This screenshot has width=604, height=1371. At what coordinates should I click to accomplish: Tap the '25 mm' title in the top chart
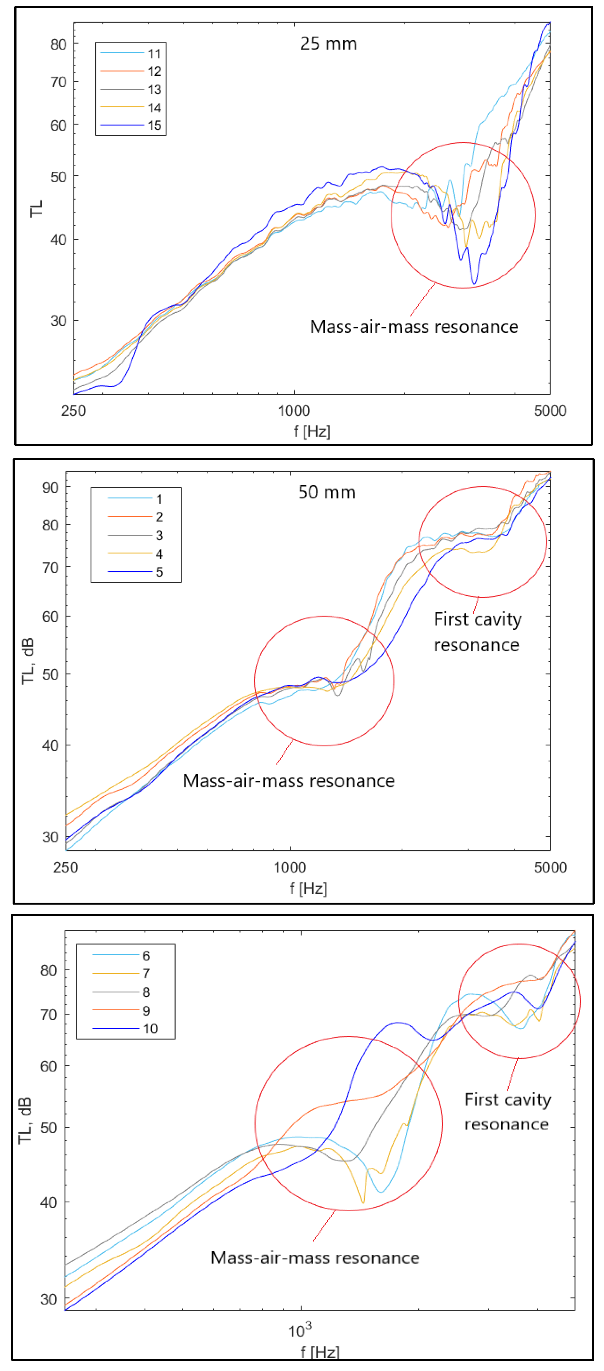pos(328,44)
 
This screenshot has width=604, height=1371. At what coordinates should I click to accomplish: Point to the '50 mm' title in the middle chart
pos(327,492)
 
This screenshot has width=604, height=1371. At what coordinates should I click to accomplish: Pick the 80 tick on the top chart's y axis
pos(58,44)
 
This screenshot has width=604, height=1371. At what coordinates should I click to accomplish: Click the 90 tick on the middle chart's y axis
pos(51,487)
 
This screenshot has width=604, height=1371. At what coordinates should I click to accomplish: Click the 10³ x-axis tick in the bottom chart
pos(300,1330)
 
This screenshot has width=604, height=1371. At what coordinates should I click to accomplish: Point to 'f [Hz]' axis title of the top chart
pos(312,431)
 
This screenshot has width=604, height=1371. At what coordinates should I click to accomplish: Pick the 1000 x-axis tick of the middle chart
pos(290,867)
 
